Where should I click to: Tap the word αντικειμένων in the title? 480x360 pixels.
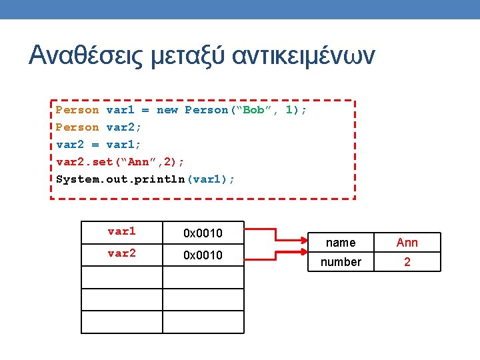point(303,55)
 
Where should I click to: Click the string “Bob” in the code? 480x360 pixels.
point(253,110)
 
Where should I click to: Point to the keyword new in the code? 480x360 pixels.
point(167,110)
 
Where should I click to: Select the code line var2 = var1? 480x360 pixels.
point(98,145)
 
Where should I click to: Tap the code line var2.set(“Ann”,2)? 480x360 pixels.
point(121,162)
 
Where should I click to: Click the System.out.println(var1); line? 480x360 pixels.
point(145,179)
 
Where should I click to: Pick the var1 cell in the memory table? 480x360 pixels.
point(121,232)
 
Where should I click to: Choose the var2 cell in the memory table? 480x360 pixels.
point(121,254)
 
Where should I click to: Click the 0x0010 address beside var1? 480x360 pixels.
point(203,233)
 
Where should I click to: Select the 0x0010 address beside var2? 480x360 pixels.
point(203,255)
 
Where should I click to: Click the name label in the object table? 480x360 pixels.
point(341,243)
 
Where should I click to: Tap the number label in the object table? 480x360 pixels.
point(341,262)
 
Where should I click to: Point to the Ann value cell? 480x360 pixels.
point(407,243)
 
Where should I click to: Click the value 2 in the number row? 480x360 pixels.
point(407,262)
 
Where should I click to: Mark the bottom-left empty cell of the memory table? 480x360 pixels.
point(121,322)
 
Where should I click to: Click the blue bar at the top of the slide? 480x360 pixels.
point(240,9)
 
